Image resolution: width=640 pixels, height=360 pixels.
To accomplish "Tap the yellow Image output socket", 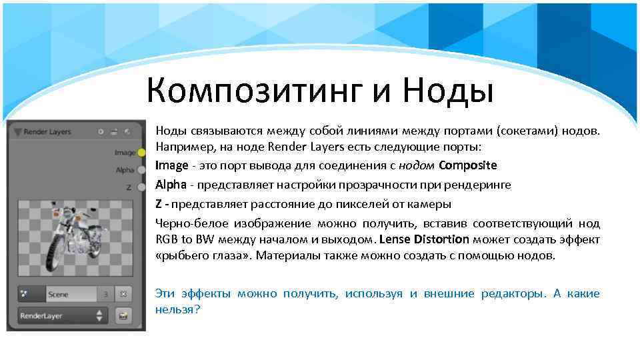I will (141, 153).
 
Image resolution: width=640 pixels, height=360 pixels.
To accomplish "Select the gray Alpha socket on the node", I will (141, 170).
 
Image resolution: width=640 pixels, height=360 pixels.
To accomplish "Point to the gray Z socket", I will (141, 187).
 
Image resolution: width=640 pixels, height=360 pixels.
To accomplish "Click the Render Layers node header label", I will (47, 132).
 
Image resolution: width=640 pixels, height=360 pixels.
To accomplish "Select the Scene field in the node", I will (67, 294).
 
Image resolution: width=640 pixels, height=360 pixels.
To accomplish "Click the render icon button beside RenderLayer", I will (123, 315).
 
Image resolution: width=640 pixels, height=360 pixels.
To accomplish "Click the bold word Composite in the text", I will (468, 165).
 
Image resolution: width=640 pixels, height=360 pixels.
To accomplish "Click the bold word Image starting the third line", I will (171, 165).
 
